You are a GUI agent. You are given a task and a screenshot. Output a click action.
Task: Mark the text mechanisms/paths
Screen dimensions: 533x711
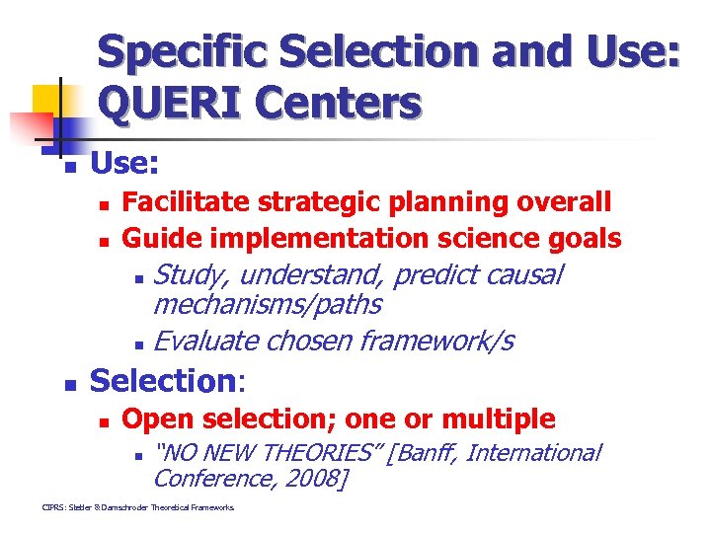(268, 305)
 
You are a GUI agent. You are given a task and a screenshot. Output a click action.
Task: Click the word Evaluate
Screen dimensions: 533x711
(207, 342)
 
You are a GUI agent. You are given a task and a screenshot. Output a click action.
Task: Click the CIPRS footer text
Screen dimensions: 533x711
(138, 507)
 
